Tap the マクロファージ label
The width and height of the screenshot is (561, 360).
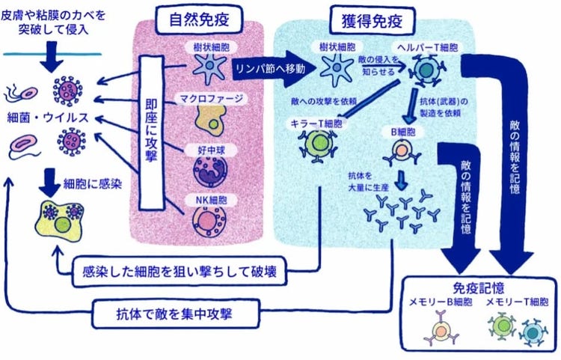(x=211, y=98)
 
